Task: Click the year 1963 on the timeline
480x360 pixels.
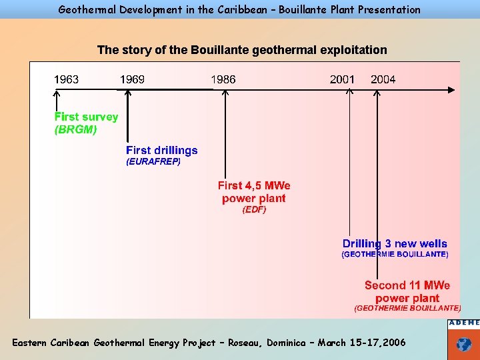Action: click(66, 79)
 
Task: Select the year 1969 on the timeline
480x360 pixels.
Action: click(132, 79)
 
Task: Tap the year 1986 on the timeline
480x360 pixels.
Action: click(223, 79)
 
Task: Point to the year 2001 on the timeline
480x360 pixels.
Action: click(342, 79)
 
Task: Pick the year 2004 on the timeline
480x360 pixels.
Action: click(383, 79)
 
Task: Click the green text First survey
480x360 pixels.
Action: click(86, 117)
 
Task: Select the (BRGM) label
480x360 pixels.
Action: click(75, 130)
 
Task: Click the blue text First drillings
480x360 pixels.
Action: click(162, 150)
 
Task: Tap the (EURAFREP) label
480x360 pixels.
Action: click(153, 161)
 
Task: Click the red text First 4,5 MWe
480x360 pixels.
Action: click(254, 185)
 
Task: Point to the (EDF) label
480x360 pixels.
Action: click(254, 209)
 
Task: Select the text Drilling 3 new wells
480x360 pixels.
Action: click(395, 244)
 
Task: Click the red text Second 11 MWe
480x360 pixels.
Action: click(407, 285)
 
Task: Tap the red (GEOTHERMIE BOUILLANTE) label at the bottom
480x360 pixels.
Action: click(407, 309)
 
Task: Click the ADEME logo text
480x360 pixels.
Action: click(463, 323)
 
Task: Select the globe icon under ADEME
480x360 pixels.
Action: click(463, 345)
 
